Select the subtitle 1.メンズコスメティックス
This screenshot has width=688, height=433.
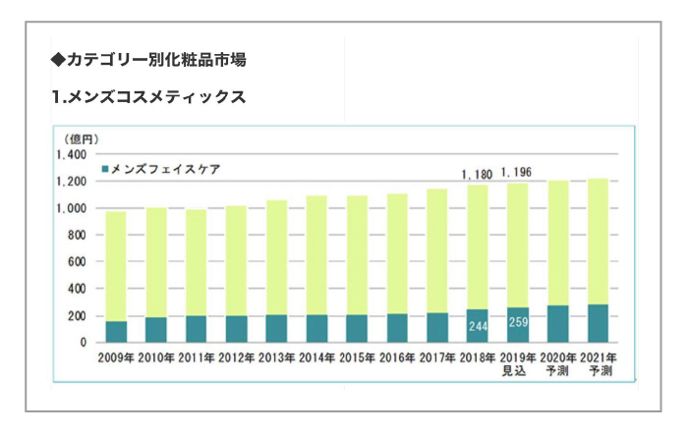pyautogui.click(x=148, y=97)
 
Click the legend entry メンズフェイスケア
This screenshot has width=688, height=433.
pyautogui.click(x=163, y=169)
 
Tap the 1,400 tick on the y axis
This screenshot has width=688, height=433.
pyautogui.click(x=72, y=155)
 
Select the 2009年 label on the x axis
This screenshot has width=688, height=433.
pyautogui.click(x=116, y=357)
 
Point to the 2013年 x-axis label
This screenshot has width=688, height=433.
pyautogui.click(x=276, y=357)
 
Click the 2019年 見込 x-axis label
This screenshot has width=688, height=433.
pyautogui.click(x=517, y=364)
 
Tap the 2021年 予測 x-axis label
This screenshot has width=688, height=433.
pyautogui.click(x=598, y=364)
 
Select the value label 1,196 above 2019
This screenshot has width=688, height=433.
pyautogui.click(x=517, y=173)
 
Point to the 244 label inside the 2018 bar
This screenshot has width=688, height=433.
pyautogui.click(x=477, y=326)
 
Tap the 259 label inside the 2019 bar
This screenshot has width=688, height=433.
pyautogui.click(x=517, y=324)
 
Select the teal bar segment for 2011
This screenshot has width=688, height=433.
pyautogui.click(x=197, y=329)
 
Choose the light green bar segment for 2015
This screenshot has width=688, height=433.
pyautogui.click(x=357, y=255)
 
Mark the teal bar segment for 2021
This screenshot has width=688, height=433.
pyautogui.click(x=598, y=323)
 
